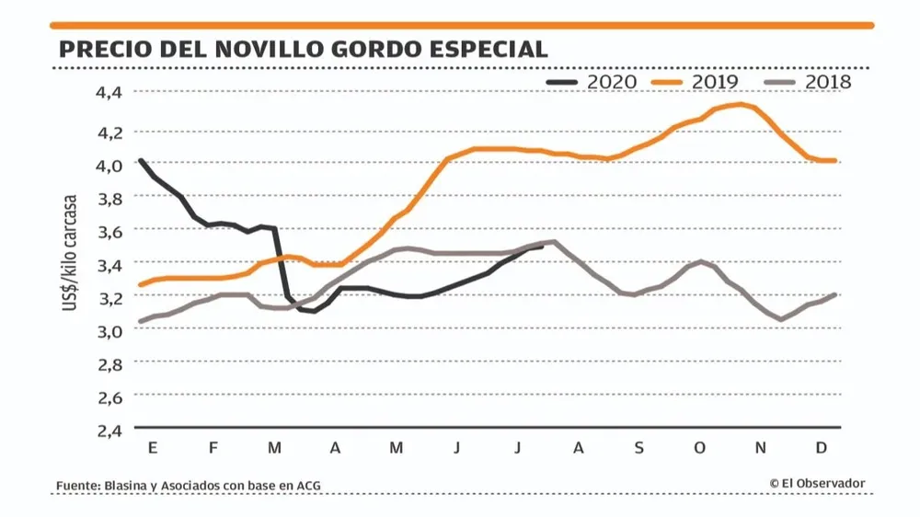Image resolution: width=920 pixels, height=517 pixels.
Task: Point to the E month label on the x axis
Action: tap(152, 448)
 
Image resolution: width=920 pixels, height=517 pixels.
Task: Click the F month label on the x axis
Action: tap(213, 448)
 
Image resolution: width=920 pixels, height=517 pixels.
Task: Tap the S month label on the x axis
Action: tap(638, 448)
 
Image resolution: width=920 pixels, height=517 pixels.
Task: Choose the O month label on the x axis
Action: tap(699, 448)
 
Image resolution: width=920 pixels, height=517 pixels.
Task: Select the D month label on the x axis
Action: tap(822, 448)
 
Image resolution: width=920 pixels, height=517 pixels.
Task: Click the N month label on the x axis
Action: tap(761, 448)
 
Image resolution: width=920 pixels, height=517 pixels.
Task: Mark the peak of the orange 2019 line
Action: tap(740, 104)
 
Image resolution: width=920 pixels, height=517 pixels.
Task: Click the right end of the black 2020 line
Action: tap(542, 246)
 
